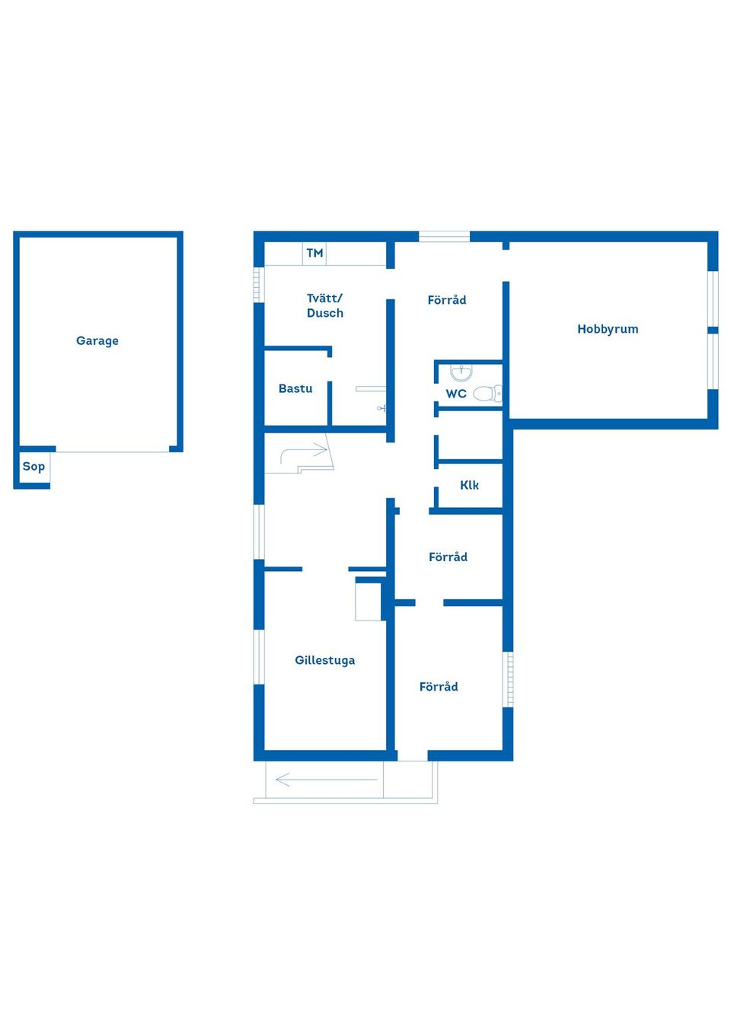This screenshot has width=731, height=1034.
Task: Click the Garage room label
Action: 97,341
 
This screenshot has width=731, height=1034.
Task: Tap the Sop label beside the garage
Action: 34,467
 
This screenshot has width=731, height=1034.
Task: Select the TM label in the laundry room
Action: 314,254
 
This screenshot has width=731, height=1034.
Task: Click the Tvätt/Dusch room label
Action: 325,305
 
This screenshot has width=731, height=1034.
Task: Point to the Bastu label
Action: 295,389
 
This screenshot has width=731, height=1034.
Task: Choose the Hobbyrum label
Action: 608,330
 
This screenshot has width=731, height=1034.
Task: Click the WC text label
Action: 456,394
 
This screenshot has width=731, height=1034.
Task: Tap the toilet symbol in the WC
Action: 487,394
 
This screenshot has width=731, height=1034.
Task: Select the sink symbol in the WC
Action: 461,373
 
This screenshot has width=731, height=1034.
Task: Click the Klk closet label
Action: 469,486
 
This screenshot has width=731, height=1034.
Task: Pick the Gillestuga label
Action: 325,661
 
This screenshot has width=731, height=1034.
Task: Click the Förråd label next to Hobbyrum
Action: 447,301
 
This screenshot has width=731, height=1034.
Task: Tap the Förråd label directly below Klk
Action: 448,557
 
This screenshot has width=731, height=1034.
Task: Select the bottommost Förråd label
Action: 439,687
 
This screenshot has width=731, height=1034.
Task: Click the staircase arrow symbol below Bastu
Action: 305,454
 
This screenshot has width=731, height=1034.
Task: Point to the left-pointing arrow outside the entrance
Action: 326,780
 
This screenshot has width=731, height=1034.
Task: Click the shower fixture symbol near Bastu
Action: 381,409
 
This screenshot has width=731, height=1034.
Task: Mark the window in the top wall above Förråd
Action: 445,237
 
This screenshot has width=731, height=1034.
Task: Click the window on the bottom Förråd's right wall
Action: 509,679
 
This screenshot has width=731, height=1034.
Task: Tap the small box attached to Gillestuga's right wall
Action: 369,599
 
